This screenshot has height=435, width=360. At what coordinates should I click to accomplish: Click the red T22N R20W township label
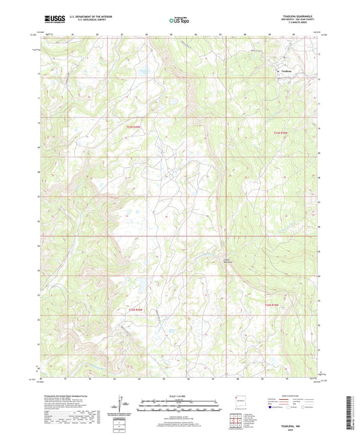(137, 309)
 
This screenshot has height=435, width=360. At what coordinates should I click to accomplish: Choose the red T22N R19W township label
(272, 305)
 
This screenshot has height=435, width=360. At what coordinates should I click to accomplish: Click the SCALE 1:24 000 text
(179, 395)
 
